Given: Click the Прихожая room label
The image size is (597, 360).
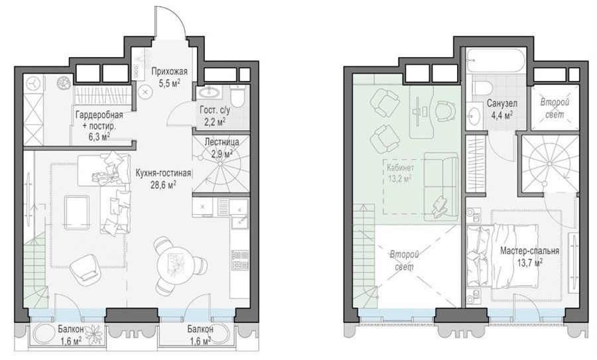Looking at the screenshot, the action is click(169, 72).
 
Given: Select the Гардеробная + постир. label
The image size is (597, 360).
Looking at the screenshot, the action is click(99, 120).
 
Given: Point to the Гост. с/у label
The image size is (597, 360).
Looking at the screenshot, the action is click(215, 110).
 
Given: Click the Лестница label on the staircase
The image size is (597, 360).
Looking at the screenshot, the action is click(222, 142).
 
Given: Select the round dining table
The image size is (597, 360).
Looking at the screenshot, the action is click(176, 263).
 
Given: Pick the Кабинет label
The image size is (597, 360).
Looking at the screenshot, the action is click(400, 168).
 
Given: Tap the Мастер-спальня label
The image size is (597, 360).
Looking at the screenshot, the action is click(529, 251).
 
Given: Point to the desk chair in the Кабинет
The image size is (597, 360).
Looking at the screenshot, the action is click(446, 111).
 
